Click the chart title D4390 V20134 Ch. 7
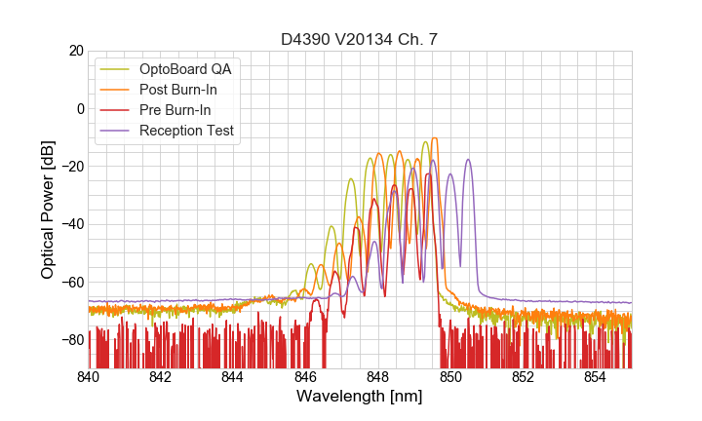(359, 39)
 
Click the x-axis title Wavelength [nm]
(359, 397)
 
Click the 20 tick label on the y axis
(75, 51)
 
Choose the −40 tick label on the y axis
(71, 224)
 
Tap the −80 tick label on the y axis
(71, 340)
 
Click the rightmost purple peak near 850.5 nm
(468, 161)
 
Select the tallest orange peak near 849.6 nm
(434, 138)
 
